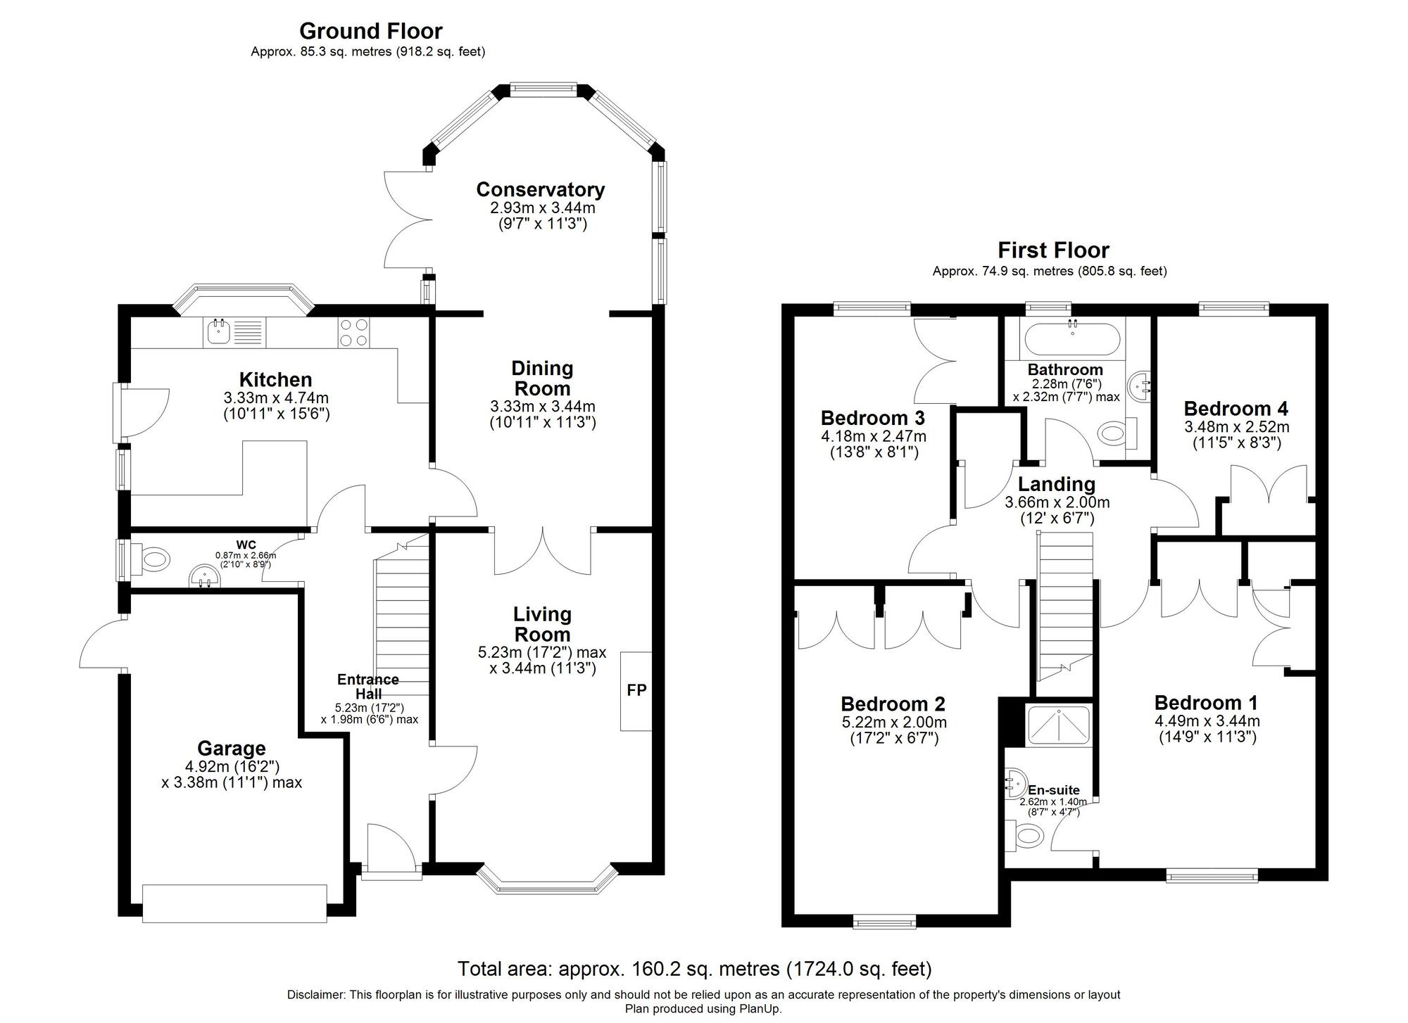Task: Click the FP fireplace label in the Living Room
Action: (x=636, y=690)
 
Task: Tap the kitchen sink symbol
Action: (x=220, y=331)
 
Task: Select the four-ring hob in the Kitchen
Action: (x=353, y=332)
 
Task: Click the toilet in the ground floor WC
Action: (x=152, y=560)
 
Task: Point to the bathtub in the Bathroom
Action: (x=1071, y=339)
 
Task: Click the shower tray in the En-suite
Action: (x=1058, y=723)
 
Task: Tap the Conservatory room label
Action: (x=540, y=190)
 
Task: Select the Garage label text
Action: (x=231, y=748)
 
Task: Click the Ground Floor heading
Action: (x=370, y=31)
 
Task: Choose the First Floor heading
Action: (x=1052, y=250)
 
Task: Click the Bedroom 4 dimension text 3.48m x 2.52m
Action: (x=1236, y=427)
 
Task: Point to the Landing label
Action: (x=1056, y=484)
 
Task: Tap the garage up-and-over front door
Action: (x=234, y=903)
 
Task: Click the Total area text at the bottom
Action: (x=694, y=969)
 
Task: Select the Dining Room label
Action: (x=542, y=378)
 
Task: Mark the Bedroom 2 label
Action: (x=893, y=704)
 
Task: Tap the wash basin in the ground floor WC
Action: (x=204, y=578)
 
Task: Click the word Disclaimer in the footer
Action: (x=315, y=995)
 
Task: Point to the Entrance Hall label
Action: (x=367, y=686)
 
